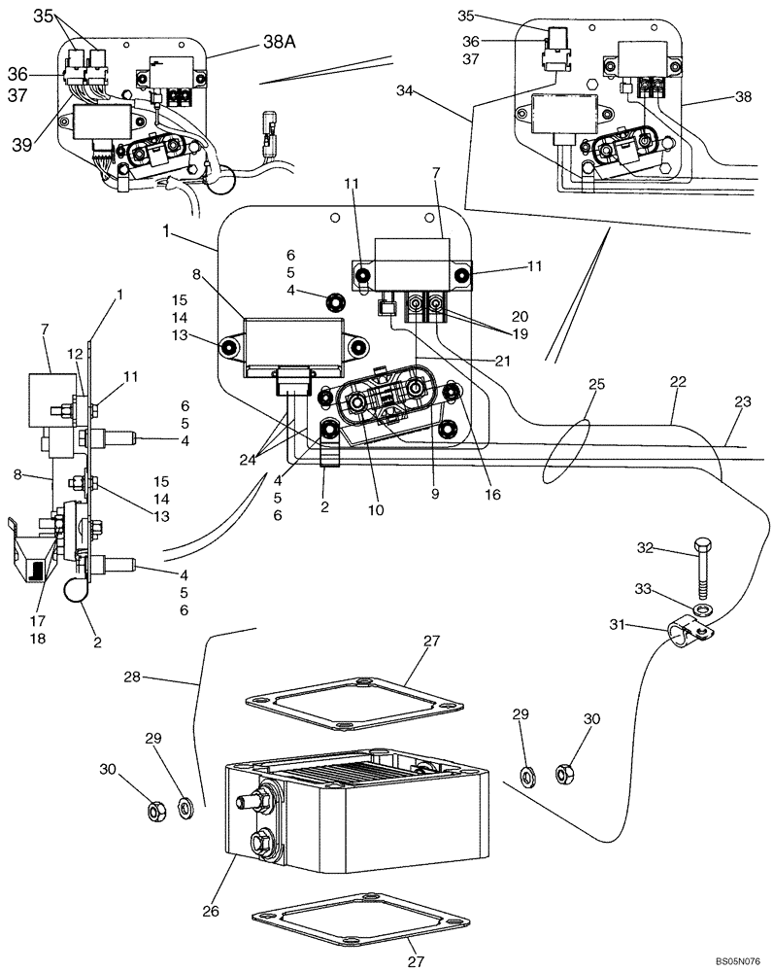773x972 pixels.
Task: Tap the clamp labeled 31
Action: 690,637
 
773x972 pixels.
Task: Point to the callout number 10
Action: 375,508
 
